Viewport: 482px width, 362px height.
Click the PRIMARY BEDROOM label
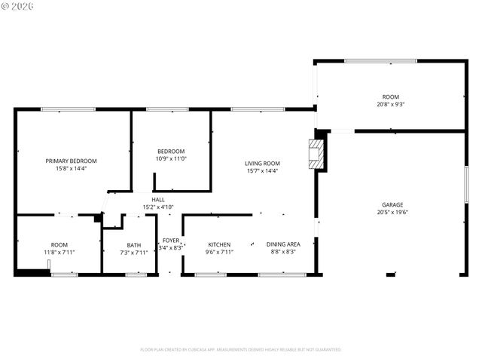(x=71, y=161)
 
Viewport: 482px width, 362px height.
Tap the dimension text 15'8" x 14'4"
(x=71, y=169)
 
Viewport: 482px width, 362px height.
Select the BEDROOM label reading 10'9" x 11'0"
(x=170, y=151)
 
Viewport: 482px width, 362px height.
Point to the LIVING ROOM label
(x=262, y=163)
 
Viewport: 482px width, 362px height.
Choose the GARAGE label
(x=392, y=204)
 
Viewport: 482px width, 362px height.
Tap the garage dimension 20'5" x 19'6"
(x=392, y=213)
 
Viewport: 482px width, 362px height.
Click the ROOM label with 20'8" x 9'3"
(x=390, y=97)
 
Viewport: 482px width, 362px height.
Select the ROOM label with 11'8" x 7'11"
(x=59, y=244)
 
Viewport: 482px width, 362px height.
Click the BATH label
(x=133, y=244)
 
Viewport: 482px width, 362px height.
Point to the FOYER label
(x=171, y=241)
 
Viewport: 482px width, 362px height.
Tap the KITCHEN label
(x=219, y=244)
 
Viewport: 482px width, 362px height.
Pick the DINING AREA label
(x=283, y=244)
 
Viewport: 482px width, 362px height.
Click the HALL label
(x=158, y=199)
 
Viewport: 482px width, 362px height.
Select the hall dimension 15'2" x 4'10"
(x=158, y=207)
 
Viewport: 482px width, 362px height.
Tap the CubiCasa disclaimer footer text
(x=241, y=349)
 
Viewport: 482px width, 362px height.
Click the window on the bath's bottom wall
(x=136, y=275)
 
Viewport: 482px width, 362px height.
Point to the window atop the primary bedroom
(x=63, y=110)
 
